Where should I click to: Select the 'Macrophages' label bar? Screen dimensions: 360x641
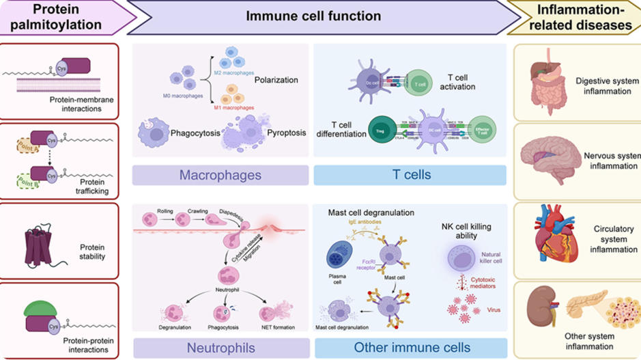220,176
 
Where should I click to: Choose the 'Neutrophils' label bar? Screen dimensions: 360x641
220,348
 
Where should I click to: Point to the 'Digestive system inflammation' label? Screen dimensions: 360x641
603,85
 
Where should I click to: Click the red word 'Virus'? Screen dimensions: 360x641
493,309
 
